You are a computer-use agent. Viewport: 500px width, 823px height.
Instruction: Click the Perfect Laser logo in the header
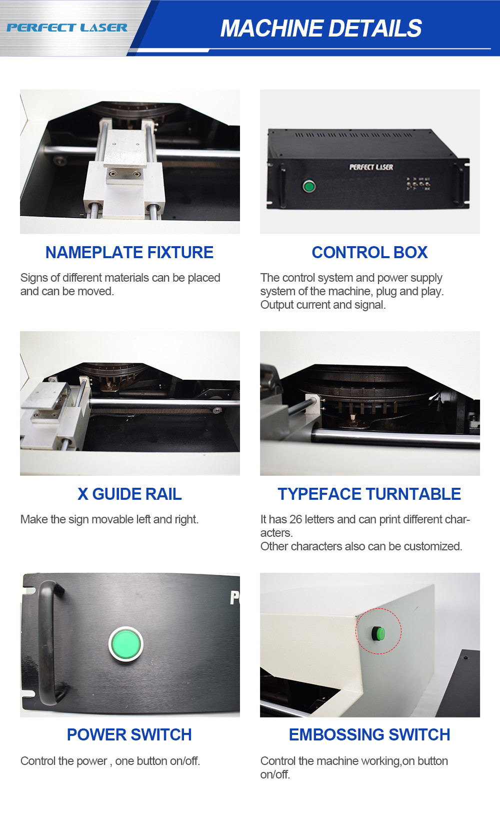tap(67, 28)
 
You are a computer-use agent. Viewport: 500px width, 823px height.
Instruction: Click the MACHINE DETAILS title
tap(321, 29)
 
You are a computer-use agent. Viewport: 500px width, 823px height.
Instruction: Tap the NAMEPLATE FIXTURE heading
tap(129, 253)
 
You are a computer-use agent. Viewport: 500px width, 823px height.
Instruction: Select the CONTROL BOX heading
tap(369, 253)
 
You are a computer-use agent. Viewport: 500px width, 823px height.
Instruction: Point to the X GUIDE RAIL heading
tap(129, 494)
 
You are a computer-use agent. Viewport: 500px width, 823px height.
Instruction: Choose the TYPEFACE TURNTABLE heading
tap(369, 494)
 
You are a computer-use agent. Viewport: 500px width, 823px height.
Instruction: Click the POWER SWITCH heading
tap(129, 735)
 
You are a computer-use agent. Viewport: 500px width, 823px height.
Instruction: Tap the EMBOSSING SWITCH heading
tap(369, 735)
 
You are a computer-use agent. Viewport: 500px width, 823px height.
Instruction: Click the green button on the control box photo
tap(309, 186)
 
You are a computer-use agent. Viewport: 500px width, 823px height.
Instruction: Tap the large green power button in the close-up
tap(126, 644)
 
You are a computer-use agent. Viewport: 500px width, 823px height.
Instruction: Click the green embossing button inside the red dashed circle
tap(378, 633)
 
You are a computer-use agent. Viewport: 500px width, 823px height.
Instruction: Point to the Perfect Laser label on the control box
tap(371, 167)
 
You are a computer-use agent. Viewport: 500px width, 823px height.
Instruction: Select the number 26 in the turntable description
tap(295, 519)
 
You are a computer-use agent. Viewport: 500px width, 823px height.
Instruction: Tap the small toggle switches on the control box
tap(418, 184)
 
